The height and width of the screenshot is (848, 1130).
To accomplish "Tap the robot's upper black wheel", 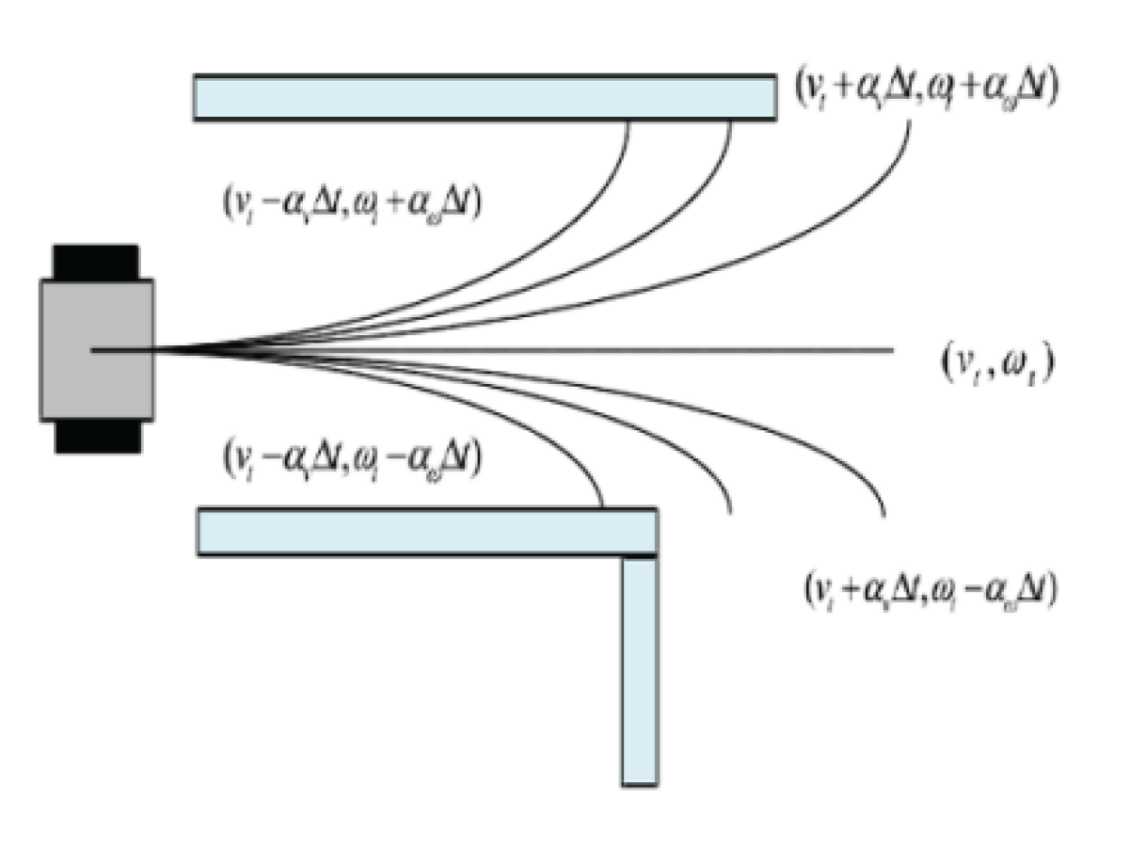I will tap(96, 261).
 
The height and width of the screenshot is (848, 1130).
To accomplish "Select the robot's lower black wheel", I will tap(98, 437).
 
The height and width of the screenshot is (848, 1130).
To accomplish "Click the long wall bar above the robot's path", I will tap(485, 98).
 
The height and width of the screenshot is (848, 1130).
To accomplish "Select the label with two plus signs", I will tap(928, 88).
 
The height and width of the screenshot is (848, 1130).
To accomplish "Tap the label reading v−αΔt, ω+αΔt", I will tap(349, 201).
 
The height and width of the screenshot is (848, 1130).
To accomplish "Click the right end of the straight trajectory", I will tap(892, 350).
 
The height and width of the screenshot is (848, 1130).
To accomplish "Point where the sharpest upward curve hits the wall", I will tap(629, 120).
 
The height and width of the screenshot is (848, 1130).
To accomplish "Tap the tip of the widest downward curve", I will tap(884, 516).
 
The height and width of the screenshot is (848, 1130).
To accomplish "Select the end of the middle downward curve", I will tap(731, 512).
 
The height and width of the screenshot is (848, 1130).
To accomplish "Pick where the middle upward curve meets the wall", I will tap(732, 120).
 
